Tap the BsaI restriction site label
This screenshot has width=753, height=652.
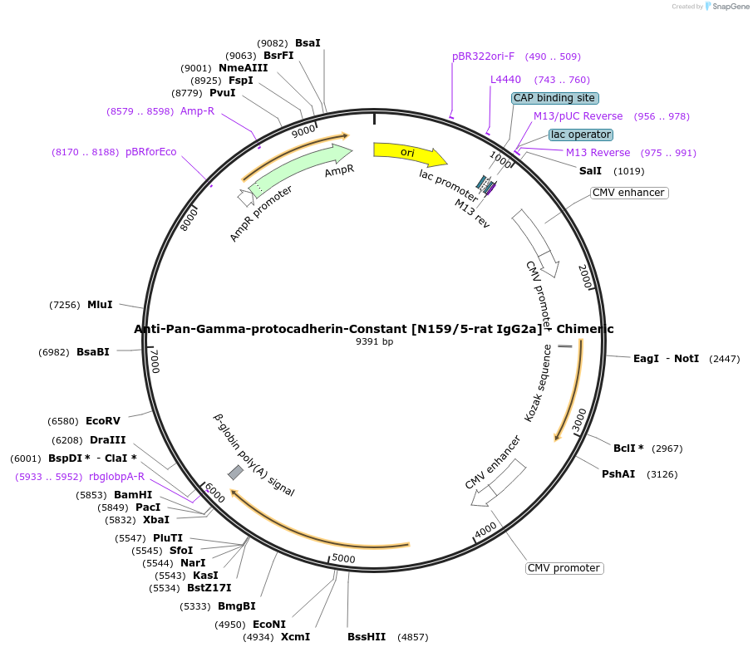(x=308, y=42)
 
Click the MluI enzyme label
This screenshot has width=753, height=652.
(x=100, y=305)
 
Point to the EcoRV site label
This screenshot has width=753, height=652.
(x=102, y=420)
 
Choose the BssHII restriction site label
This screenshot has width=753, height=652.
(x=367, y=637)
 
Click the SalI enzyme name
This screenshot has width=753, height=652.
(x=590, y=171)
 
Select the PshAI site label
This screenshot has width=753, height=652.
(x=618, y=474)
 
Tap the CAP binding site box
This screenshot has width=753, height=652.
(x=554, y=98)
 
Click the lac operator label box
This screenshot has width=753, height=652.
(x=581, y=135)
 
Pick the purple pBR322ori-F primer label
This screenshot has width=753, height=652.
(x=484, y=56)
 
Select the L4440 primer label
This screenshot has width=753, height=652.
(x=505, y=80)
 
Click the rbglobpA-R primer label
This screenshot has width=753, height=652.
(x=116, y=477)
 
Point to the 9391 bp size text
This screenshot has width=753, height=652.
(x=374, y=341)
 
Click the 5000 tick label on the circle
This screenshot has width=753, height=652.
(x=343, y=558)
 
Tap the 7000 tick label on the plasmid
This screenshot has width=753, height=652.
(x=155, y=360)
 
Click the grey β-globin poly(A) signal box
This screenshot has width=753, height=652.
(x=235, y=472)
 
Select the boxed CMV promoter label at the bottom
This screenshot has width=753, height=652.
(x=564, y=568)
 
